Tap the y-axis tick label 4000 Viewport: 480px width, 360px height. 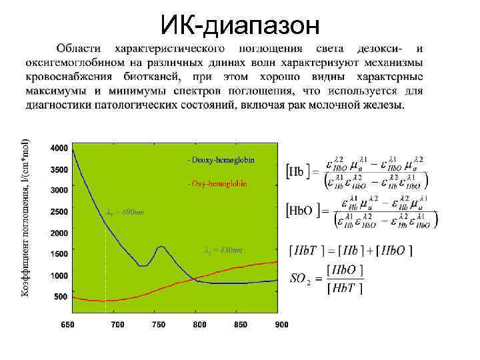point(59,147)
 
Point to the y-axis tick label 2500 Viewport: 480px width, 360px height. point(59,212)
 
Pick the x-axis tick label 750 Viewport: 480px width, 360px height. point(159,325)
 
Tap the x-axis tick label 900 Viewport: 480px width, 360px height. point(281,325)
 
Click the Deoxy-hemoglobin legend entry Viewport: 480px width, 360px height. point(221,160)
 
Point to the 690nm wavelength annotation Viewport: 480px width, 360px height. point(125,213)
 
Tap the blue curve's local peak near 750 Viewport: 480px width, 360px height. point(161,247)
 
